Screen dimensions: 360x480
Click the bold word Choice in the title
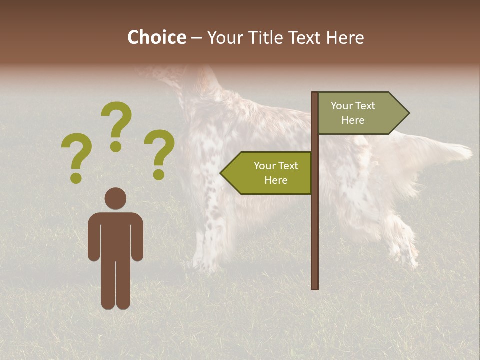156,38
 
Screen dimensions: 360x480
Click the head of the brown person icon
115,198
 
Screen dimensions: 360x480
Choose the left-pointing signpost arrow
267,173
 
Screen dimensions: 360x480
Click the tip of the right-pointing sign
408,113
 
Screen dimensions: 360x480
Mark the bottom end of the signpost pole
315,287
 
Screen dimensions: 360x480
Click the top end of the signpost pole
315,94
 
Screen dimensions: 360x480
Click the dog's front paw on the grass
202,265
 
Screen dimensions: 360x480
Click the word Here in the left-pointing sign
276,180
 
